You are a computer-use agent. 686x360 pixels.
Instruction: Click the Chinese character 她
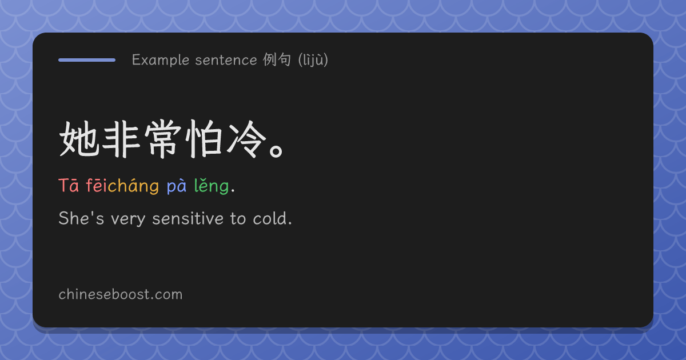[79, 139]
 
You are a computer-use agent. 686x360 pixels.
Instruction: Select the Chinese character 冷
[246, 139]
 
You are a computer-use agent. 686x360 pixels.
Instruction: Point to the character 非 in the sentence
[121, 139]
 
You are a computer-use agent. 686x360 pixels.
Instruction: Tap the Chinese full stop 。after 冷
[276, 151]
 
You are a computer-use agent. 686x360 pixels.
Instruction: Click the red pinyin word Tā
[69, 186]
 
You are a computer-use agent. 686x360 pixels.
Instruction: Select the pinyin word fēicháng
[122, 186]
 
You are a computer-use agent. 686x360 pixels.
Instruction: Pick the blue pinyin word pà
[177, 186]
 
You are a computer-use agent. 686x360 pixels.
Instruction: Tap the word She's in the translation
[81, 218]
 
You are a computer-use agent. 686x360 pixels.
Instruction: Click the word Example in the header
[161, 59]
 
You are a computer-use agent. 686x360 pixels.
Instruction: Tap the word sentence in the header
[226, 60]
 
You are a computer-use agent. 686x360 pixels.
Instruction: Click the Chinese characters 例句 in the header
[277, 59]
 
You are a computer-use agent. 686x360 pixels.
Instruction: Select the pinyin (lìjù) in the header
[313, 59]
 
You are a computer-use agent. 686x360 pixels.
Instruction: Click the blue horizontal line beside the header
[87, 60]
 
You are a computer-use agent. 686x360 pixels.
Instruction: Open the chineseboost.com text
[121, 294]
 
